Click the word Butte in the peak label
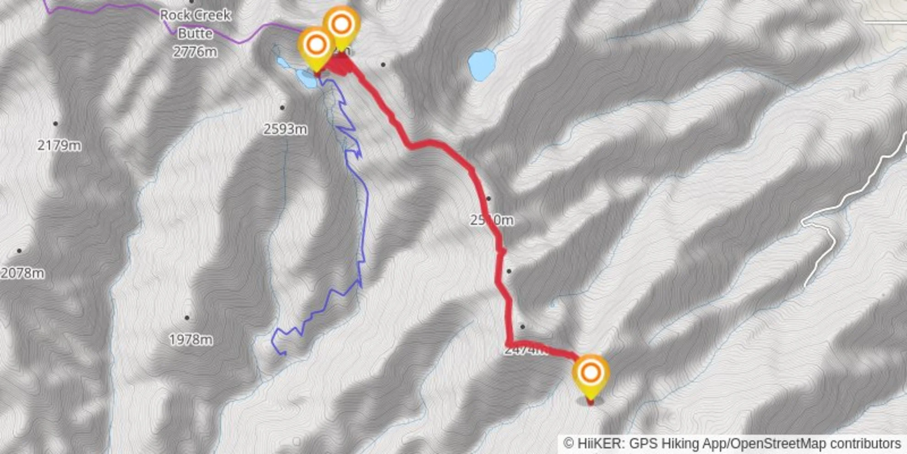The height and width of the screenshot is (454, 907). click(195, 33)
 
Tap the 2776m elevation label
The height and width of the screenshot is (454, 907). click(195, 51)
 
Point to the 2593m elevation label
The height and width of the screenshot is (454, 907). click(285, 129)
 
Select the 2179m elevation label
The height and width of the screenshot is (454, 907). click(59, 145)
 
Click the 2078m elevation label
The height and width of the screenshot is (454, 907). click(22, 273)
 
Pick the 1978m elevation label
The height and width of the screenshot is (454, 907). click(191, 340)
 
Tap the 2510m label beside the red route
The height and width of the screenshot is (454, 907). click(492, 220)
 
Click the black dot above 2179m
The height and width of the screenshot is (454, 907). click(55, 123)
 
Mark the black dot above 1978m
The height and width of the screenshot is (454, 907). click(187, 317)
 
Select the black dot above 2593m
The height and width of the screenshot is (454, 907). click(282, 108)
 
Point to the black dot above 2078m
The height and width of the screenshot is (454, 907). click(19, 251)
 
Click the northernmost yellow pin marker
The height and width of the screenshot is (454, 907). click(341, 24)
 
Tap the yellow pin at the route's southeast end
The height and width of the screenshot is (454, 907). click(590, 373)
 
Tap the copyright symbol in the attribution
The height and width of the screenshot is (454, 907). click(568, 443)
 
